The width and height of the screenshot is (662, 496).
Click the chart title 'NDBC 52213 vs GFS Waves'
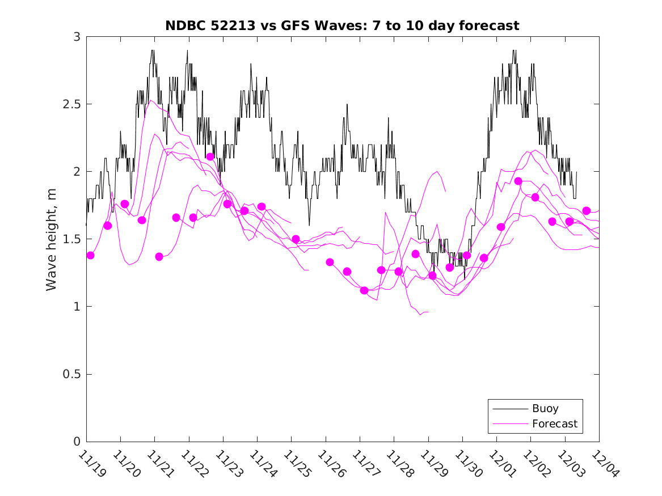[342, 26]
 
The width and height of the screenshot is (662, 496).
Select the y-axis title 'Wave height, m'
[52, 239]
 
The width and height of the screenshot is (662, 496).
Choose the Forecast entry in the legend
[554, 423]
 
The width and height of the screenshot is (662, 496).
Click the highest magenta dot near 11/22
[210, 156]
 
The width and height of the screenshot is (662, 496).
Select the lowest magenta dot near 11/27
[364, 290]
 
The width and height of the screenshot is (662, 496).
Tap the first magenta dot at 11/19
[90, 255]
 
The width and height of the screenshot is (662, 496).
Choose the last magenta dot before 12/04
[587, 211]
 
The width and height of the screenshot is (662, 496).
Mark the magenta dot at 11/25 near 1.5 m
[296, 239]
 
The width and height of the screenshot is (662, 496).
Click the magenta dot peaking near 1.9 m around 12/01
[518, 181]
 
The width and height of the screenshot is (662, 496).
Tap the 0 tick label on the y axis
[77, 442]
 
